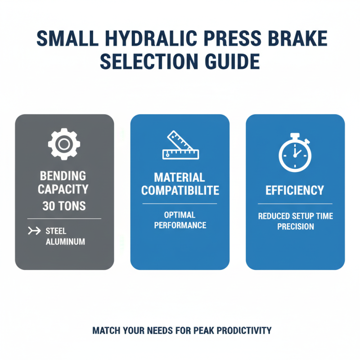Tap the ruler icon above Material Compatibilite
point(180,145)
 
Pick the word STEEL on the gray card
point(56,231)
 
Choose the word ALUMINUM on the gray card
point(65,242)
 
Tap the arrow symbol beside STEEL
point(34,231)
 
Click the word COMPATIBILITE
point(180,190)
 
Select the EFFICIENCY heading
point(295,190)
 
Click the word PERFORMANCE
point(180,225)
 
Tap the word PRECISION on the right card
point(295,226)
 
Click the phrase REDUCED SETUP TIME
point(295,216)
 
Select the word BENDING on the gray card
point(64,175)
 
